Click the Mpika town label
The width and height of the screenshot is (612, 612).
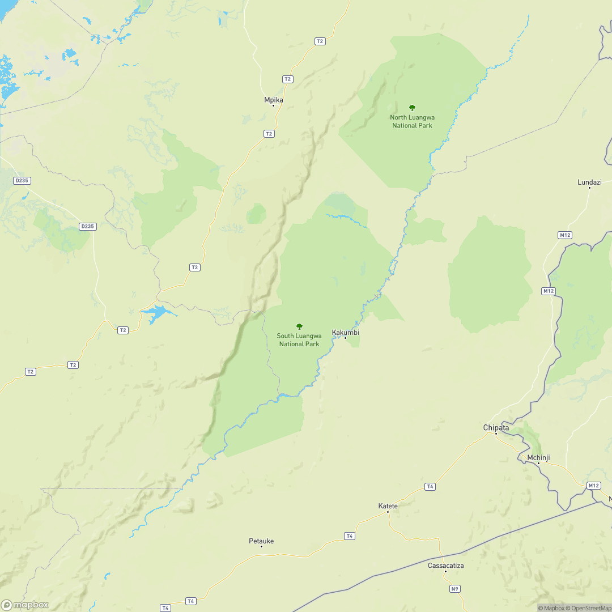(x=273, y=100)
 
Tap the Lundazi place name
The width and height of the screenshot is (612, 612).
(x=589, y=182)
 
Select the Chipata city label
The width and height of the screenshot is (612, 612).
(x=496, y=427)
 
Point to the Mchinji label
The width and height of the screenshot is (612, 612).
(x=538, y=457)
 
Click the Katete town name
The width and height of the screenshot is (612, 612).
(x=388, y=505)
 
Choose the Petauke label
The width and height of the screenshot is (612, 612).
(x=261, y=541)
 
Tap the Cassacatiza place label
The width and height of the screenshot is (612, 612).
(x=445, y=565)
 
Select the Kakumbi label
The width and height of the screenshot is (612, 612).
(x=345, y=332)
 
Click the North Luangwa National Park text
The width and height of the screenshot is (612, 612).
(x=412, y=121)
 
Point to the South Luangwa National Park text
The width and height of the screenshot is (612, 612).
(x=299, y=340)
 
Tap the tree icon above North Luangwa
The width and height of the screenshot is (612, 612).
(x=412, y=108)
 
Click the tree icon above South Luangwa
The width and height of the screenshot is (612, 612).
(x=299, y=326)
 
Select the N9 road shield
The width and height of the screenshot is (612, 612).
(x=454, y=589)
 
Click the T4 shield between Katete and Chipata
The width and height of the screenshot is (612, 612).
(x=430, y=486)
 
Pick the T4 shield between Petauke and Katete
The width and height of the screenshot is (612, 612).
(x=350, y=535)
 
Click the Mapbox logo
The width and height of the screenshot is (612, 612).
(x=25, y=605)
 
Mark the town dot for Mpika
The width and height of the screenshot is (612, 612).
(x=273, y=105)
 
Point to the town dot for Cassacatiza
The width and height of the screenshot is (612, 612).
(x=445, y=571)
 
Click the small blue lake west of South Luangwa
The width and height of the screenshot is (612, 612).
(x=156, y=313)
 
